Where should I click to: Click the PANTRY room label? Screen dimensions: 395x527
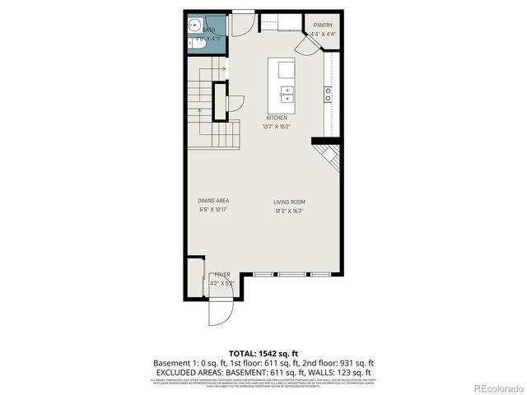click(323, 25)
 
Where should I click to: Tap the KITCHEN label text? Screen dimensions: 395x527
click(276, 118)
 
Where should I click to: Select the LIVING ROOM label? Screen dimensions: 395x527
click(290, 202)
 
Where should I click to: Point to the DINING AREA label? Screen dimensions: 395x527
click(213, 201)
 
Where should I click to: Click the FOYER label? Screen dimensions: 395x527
click(222, 274)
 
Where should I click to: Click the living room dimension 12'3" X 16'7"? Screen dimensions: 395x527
click(290, 211)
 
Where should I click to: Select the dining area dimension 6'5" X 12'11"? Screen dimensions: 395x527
click(213, 210)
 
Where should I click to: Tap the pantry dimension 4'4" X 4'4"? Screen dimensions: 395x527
click(323, 34)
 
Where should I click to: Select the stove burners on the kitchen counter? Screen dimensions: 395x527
click(328, 94)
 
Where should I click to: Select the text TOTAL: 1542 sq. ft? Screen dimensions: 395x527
click(263, 352)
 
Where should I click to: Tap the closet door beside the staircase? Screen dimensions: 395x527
click(235, 103)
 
